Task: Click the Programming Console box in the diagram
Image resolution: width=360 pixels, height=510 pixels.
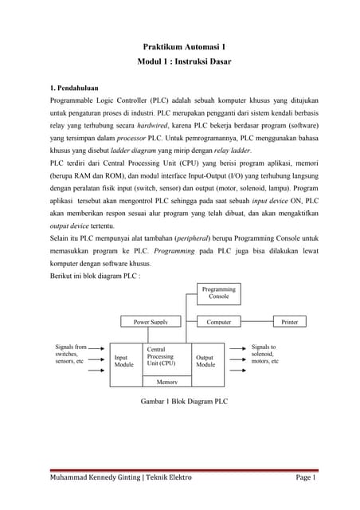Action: click(218, 293)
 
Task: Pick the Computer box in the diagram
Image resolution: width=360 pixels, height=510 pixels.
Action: click(218, 322)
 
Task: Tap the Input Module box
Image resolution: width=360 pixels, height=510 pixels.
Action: click(124, 361)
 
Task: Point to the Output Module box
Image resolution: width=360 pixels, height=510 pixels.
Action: click(205, 361)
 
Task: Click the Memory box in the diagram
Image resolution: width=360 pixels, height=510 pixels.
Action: click(166, 382)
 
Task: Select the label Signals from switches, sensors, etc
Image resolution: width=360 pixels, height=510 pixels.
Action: click(69, 354)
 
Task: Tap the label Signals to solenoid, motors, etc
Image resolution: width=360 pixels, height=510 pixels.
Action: click(264, 354)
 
